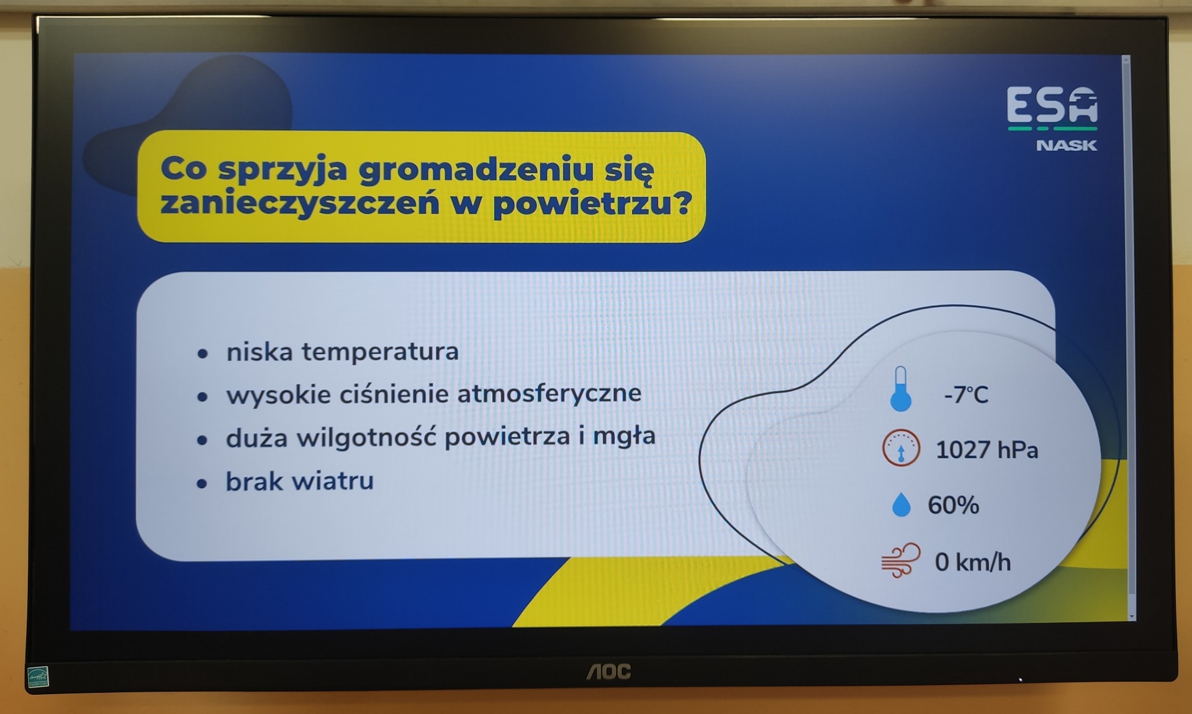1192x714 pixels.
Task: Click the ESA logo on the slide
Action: click(1052, 108)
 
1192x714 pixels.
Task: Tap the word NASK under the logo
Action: click(1067, 145)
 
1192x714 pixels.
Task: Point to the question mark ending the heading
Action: click(683, 203)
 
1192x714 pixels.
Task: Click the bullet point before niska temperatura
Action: click(202, 354)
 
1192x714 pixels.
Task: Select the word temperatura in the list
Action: click(380, 352)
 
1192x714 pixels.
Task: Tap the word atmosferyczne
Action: click(549, 393)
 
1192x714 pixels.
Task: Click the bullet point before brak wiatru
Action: click(202, 483)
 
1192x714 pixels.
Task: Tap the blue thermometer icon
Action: click(901, 389)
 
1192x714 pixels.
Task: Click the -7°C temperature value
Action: click(966, 395)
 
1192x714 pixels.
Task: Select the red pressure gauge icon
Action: click(901, 447)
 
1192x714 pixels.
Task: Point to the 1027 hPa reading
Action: click(987, 450)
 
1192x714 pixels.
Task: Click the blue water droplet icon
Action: click(901, 504)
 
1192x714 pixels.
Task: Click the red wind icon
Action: click(901, 561)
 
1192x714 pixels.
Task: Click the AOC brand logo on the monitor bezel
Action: click(609, 671)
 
